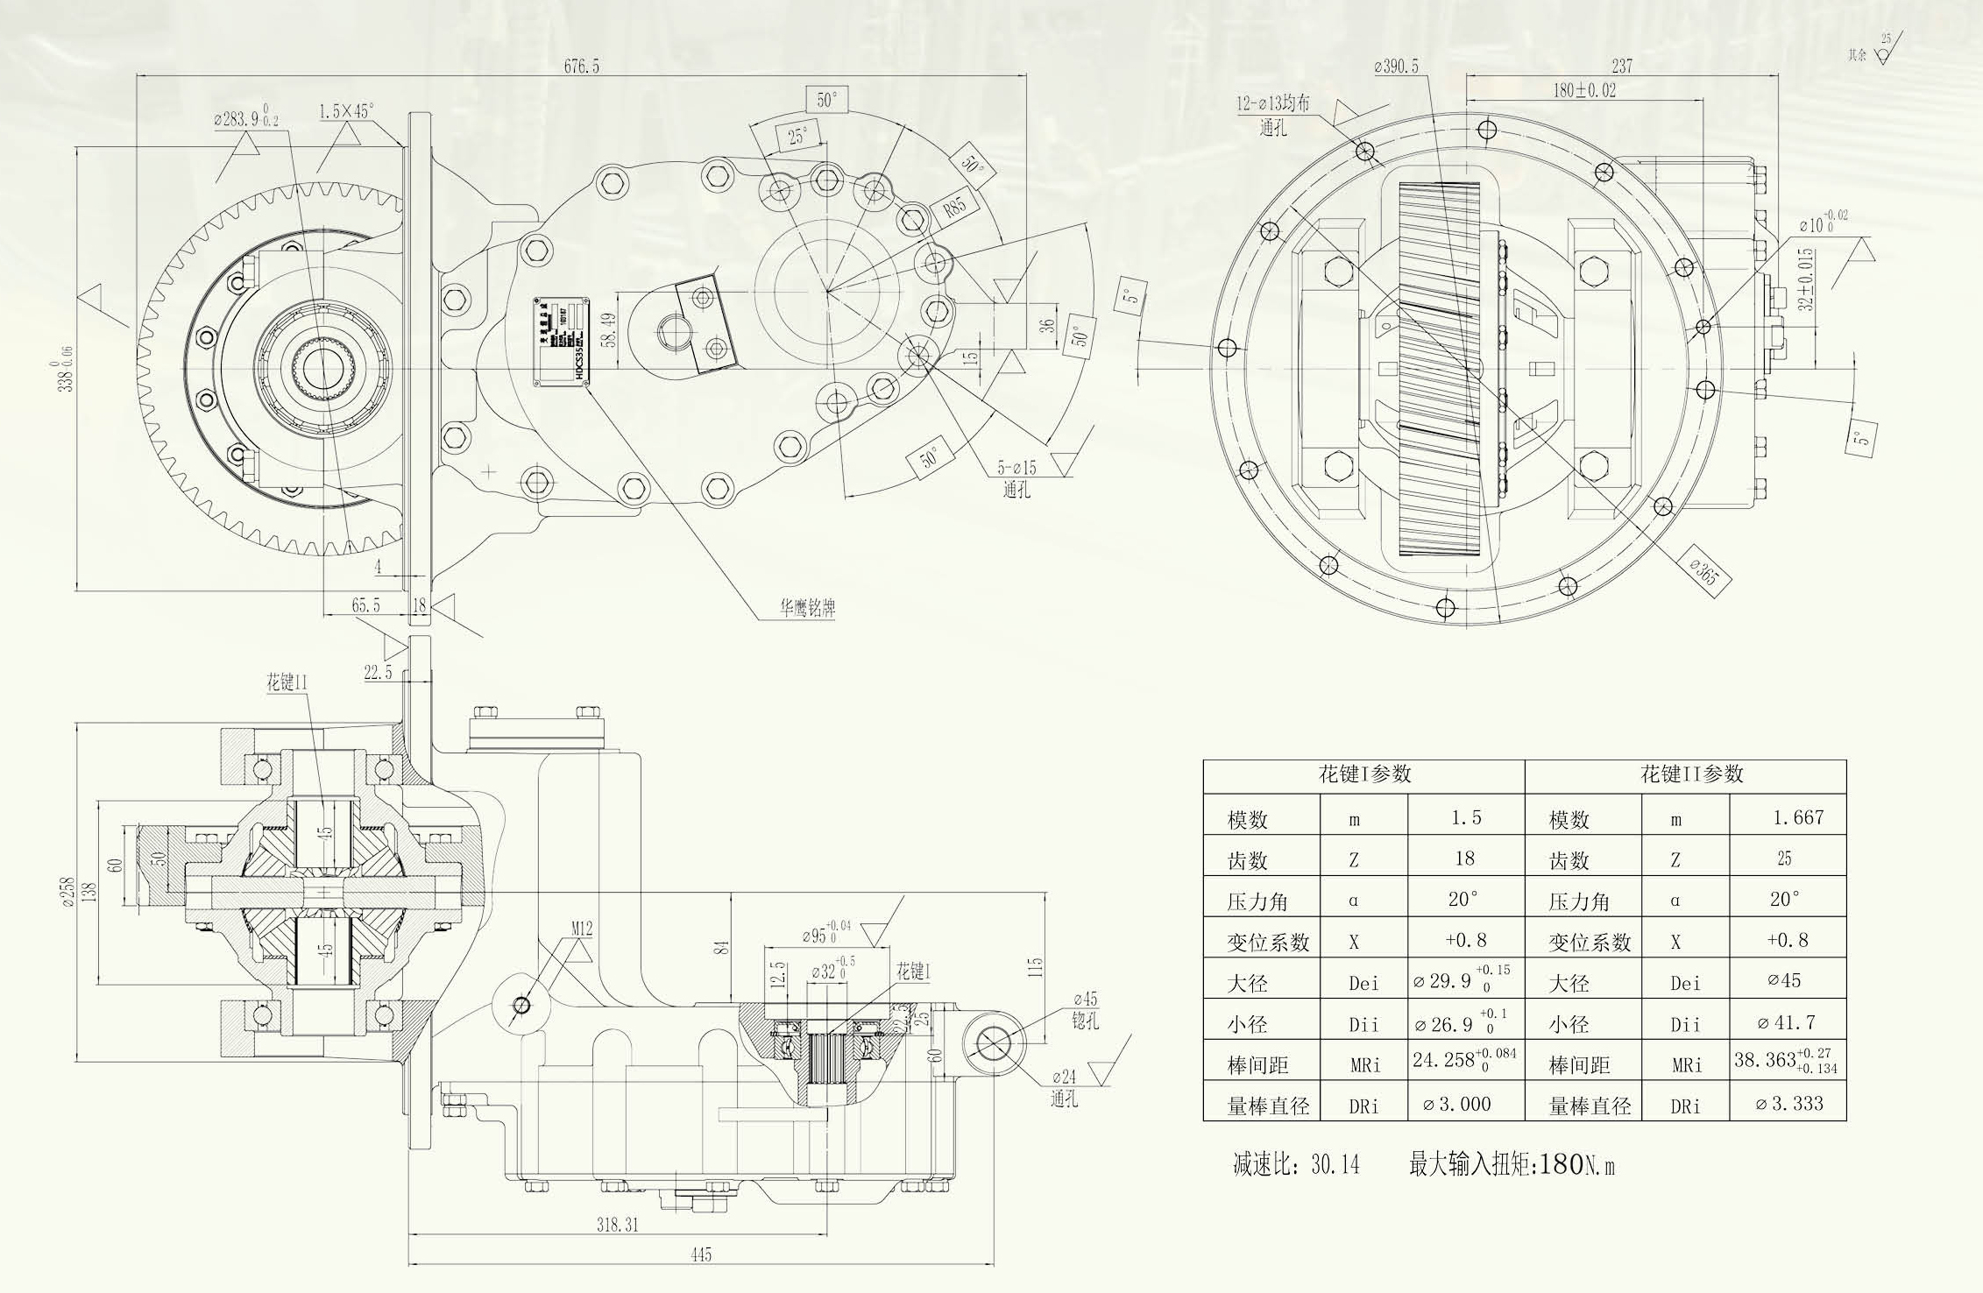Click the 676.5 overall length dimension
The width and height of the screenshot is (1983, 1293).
click(582, 67)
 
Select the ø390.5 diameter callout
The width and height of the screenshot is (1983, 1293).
click(1396, 67)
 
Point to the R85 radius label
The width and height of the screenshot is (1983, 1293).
click(954, 207)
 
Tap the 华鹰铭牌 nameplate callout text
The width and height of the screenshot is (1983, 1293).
click(807, 608)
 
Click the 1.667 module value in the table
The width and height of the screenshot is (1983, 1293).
click(1797, 817)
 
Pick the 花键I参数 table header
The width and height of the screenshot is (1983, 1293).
click(1364, 774)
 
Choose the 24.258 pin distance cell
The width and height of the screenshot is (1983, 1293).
click(1463, 1060)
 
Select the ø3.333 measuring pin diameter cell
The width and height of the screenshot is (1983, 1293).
click(1788, 1104)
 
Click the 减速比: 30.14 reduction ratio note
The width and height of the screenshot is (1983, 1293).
click(1296, 1164)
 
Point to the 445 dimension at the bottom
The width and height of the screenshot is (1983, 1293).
click(701, 1254)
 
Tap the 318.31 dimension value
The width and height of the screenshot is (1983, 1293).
click(618, 1225)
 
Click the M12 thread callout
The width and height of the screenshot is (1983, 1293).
click(583, 929)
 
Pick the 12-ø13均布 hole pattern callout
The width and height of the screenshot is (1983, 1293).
click(1273, 104)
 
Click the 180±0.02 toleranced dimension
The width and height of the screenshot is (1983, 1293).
click(1584, 90)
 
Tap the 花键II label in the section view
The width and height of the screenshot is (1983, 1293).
click(287, 682)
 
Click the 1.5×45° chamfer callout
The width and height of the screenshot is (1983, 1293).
click(346, 111)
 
